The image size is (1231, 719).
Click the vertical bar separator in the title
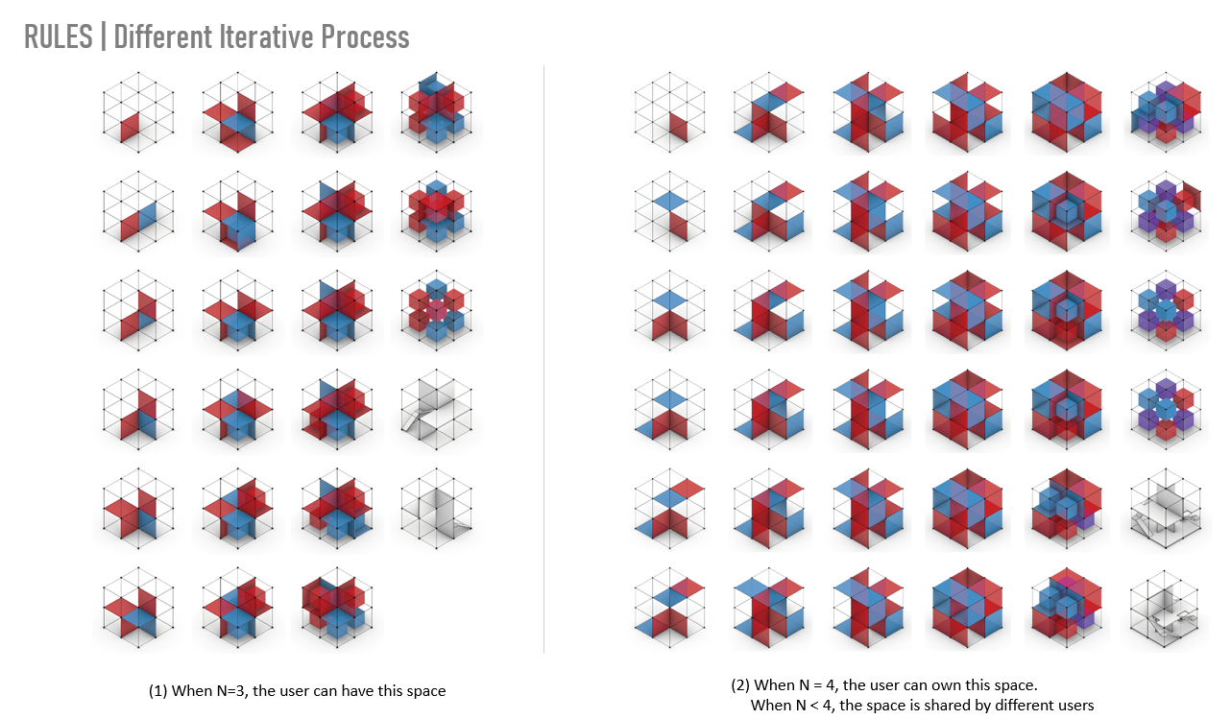pyautogui.click(x=103, y=37)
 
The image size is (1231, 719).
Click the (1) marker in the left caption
pyautogui.click(x=157, y=690)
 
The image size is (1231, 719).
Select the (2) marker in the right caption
pyautogui.click(x=740, y=685)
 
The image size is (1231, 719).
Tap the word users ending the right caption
pyautogui.click(x=1073, y=706)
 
